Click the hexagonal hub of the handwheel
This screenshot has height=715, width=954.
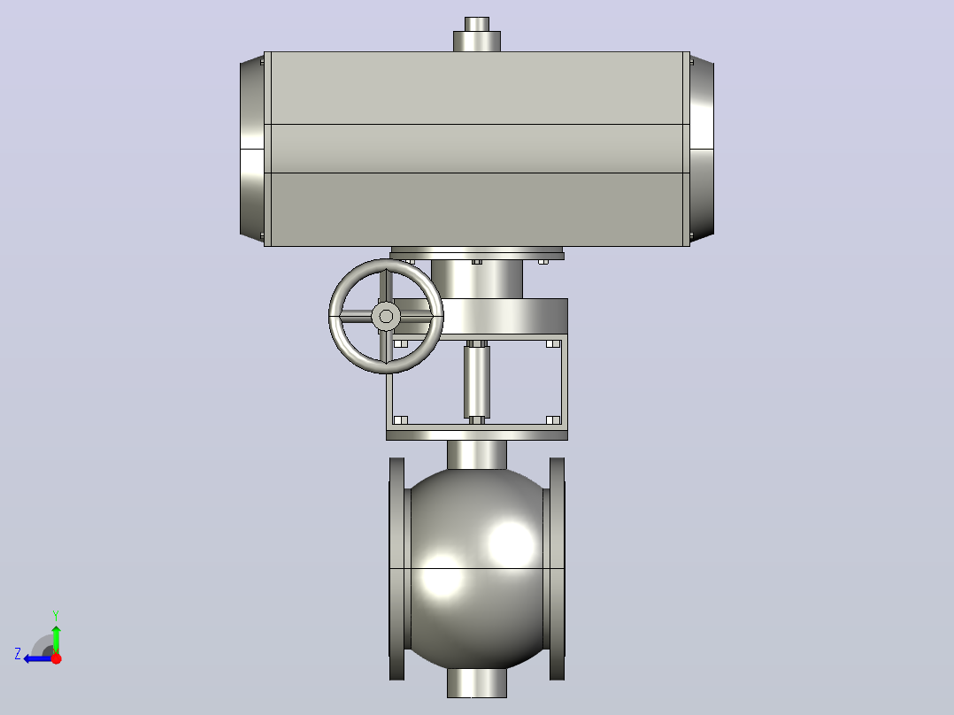(386, 316)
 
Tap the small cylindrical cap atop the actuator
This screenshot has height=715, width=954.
(477, 35)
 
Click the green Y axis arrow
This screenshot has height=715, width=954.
(56, 639)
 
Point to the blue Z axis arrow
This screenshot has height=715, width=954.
(38, 658)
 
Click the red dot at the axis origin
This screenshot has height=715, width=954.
(56, 658)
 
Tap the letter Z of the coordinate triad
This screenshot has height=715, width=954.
(18, 654)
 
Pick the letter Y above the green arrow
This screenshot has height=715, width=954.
(56, 615)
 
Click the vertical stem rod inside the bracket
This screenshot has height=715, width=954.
(477, 381)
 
